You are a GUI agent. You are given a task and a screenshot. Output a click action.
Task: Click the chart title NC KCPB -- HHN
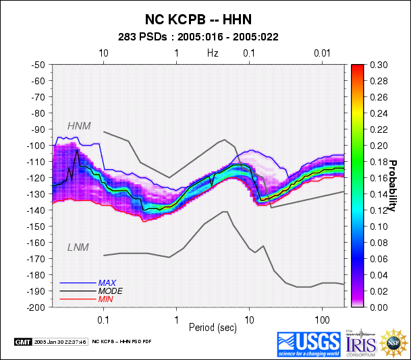[204, 20]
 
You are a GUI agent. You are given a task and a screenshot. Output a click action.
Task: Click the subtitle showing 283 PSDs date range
[204, 37]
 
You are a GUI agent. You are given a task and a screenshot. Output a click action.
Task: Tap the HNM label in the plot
[79, 125]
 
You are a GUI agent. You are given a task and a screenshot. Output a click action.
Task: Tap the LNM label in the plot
[78, 247]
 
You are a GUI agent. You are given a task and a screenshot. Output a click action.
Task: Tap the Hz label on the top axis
[213, 52]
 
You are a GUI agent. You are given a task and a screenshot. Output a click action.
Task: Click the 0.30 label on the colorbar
[379, 65]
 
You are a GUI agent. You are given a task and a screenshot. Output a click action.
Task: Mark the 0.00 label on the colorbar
[379, 307]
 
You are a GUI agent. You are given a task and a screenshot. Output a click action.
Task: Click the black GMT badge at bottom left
[23, 342]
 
